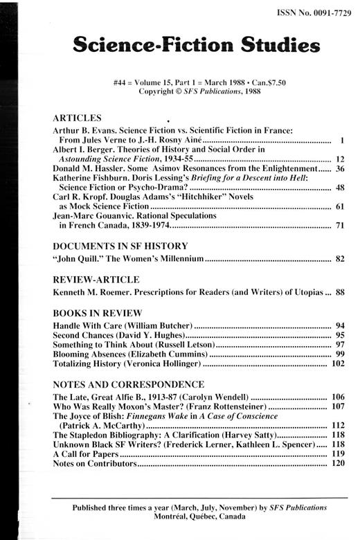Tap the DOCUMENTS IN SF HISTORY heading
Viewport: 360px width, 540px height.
120,245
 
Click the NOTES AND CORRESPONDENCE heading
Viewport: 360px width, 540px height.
128,384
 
